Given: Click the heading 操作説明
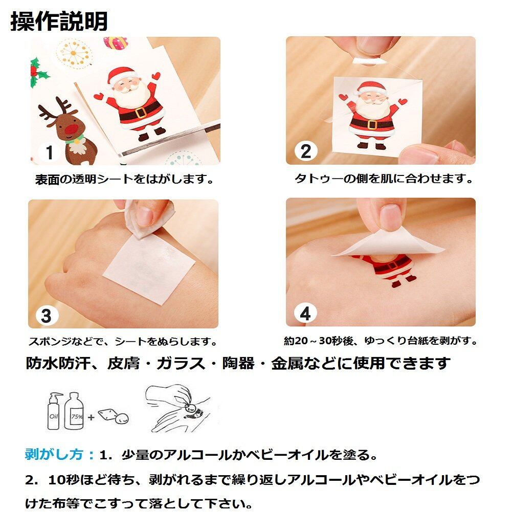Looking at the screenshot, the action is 59,21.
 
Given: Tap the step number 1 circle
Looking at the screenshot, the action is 49,152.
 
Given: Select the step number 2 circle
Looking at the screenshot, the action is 306,151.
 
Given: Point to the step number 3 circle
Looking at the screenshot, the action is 47,316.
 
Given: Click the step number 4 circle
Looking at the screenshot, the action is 305,314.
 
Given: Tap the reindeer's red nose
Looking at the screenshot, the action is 72,129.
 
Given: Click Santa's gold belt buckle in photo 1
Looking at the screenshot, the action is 141,112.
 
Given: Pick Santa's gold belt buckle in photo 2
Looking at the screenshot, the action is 372,124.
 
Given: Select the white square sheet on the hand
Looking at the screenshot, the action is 149,268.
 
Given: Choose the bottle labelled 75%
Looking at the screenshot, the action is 74,411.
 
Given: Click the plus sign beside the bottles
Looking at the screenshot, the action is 91,417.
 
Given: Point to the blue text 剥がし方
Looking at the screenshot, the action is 54,454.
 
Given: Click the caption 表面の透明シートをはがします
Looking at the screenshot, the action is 124,179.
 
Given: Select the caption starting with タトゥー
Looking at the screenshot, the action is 383,179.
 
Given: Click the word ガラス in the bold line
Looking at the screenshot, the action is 181,363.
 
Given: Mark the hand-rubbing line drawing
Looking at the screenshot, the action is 178,408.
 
